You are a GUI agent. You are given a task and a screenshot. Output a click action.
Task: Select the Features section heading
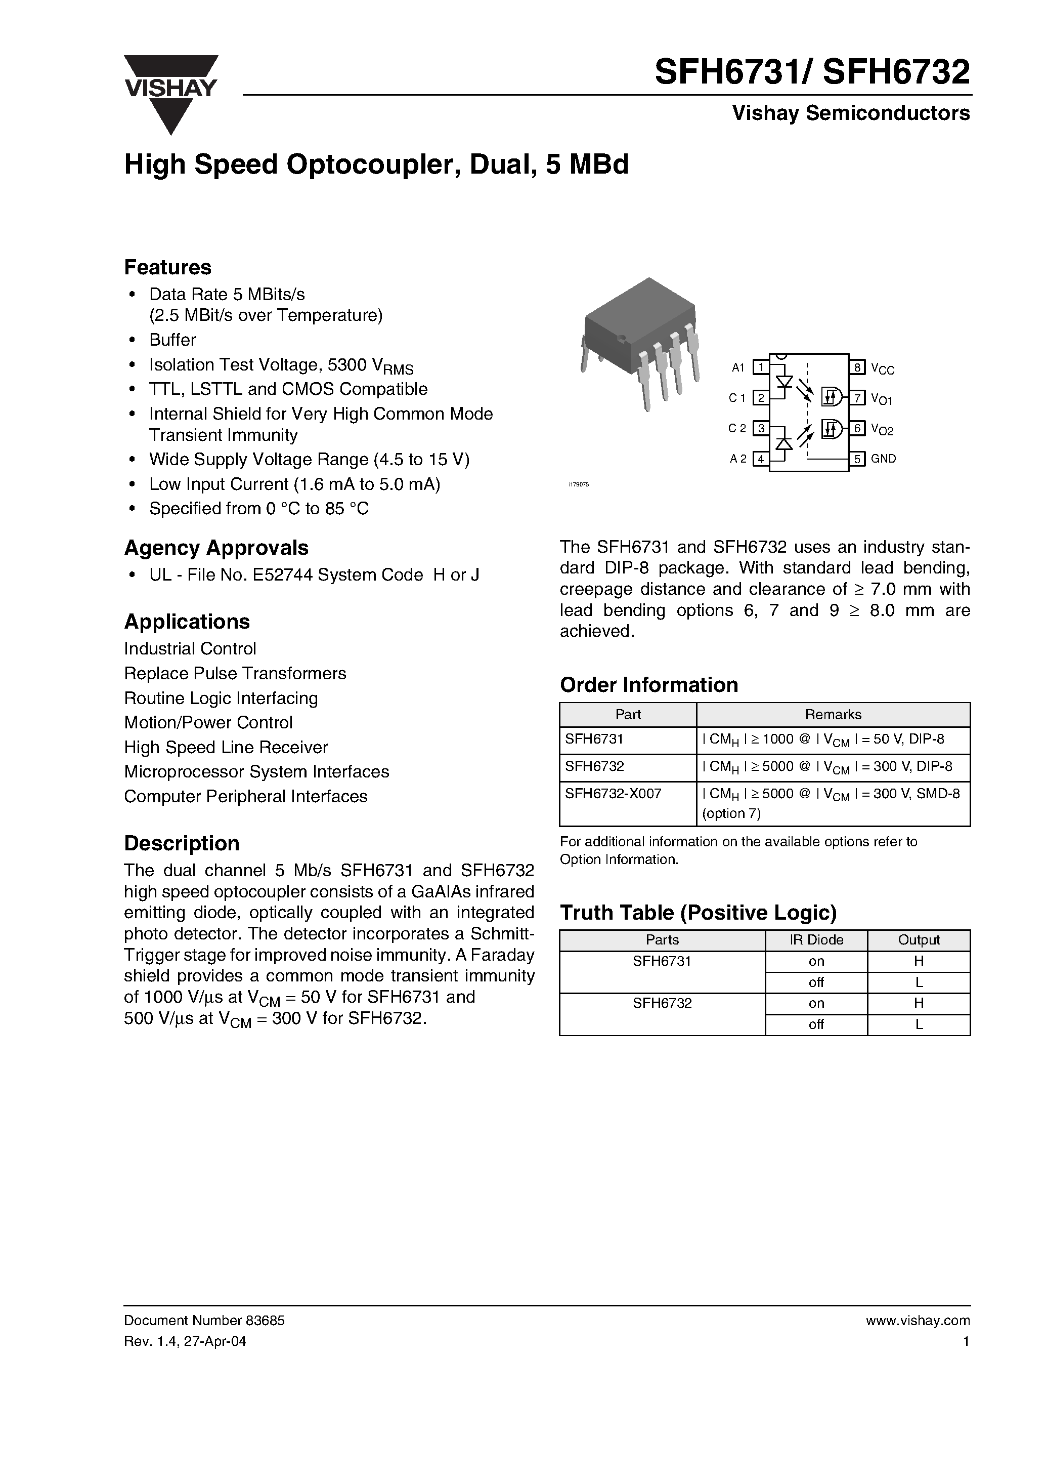(167, 267)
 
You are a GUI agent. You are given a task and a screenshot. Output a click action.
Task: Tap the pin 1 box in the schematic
(761, 367)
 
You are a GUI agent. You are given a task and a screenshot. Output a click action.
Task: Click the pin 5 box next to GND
(857, 459)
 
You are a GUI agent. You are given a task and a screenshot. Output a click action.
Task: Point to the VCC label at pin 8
(882, 368)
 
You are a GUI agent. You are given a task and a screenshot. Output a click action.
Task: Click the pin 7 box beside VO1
(857, 398)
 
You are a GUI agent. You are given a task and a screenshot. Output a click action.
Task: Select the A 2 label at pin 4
(737, 459)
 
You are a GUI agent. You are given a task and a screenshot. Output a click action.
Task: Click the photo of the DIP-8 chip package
(640, 342)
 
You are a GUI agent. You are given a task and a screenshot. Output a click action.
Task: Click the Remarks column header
(833, 714)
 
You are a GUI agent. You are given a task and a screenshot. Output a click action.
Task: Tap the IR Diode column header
(816, 940)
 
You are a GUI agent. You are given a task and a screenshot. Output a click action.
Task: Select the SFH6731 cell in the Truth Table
(662, 961)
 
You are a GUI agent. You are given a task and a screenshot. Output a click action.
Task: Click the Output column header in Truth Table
(918, 940)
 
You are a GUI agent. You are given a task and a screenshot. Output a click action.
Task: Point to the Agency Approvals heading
(216, 547)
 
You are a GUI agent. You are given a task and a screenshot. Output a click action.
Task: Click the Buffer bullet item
(172, 340)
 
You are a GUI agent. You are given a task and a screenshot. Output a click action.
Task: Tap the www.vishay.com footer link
(918, 1321)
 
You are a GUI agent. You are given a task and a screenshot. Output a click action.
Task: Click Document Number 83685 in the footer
(204, 1321)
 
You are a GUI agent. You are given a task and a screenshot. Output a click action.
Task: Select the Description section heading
(181, 843)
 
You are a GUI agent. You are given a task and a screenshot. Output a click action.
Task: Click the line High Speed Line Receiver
(226, 747)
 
